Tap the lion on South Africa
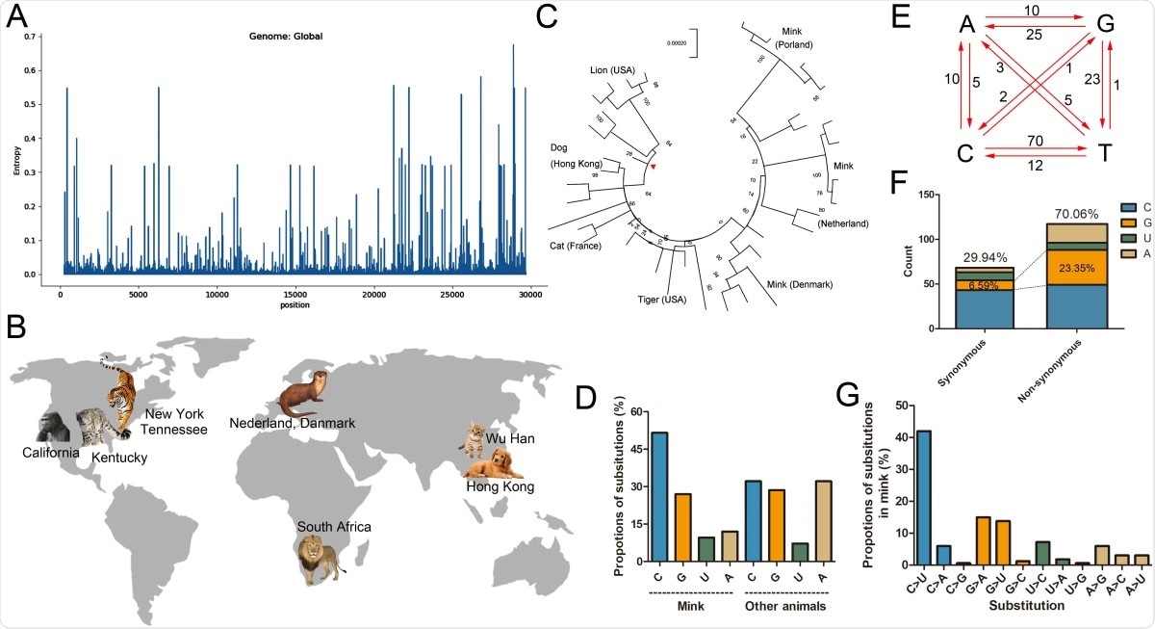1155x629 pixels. click(x=321, y=560)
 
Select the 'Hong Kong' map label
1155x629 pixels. click(x=500, y=488)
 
